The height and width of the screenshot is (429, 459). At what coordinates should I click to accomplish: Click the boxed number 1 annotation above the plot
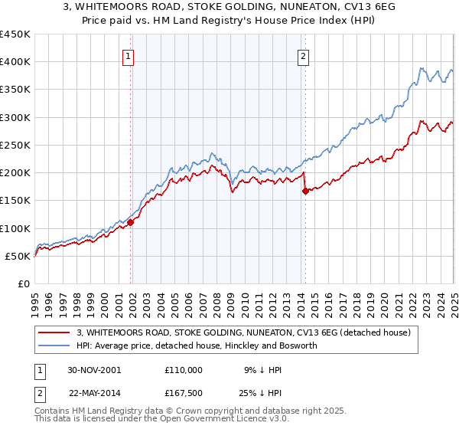point(128,55)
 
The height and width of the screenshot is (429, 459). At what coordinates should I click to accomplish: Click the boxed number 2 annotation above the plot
point(304,55)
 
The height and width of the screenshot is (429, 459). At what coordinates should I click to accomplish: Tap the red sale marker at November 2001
point(131,222)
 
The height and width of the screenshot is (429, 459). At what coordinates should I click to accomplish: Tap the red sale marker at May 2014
point(305,192)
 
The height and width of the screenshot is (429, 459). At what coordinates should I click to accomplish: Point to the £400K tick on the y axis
point(15,62)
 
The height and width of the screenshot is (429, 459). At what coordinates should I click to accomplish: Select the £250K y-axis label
point(15,145)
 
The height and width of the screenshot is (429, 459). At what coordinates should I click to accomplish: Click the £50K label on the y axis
point(18,256)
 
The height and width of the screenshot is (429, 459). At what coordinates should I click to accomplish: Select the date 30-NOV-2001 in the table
point(94,369)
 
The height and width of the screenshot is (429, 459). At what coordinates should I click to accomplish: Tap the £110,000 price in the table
point(183,369)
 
